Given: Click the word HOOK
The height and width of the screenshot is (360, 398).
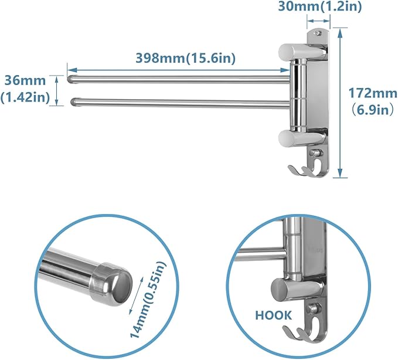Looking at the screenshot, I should coord(273,315).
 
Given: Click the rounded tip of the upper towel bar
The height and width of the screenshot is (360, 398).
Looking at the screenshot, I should coord(72,78).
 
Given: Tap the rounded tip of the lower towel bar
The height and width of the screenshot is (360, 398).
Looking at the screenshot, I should coord(73,102).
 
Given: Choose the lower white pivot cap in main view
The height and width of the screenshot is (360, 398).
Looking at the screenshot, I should coord(290,138).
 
